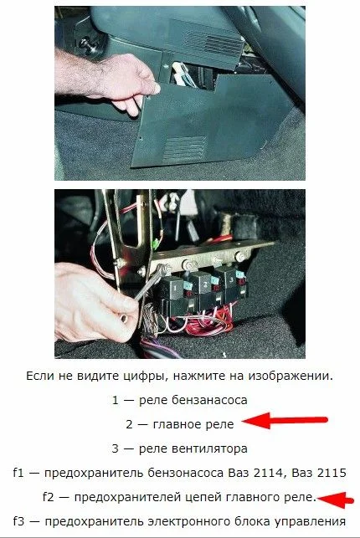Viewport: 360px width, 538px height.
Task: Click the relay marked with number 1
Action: pyautogui.click(x=174, y=287)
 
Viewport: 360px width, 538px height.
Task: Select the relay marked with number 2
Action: pyautogui.click(x=203, y=284)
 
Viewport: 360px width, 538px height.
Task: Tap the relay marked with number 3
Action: pyautogui.click(x=233, y=279)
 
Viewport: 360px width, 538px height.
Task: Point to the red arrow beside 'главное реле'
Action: pyautogui.click(x=285, y=420)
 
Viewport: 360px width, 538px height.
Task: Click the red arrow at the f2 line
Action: pyautogui.click(x=335, y=500)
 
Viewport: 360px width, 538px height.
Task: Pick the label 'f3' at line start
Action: pyautogui.click(x=19, y=521)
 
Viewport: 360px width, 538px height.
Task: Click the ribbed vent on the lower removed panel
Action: pyautogui.click(x=184, y=149)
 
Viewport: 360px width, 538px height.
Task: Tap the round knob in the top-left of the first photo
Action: pyautogui.click(x=85, y=44)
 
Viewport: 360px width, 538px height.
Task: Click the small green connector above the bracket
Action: pyautogui.click(x=155, y=244)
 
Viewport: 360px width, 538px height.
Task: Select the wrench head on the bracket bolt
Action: pyautogui.click(x=163, y=270)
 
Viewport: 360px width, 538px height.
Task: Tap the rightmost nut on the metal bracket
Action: pyautogui.click(x=239, y=256)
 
